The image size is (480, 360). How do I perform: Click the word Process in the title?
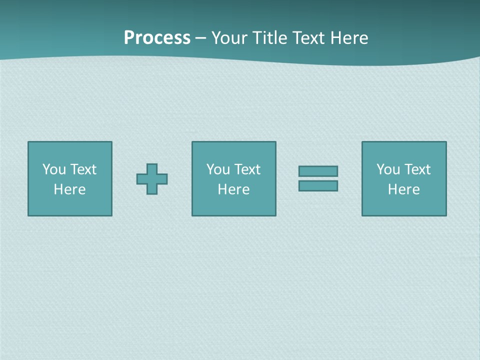pos(157,38)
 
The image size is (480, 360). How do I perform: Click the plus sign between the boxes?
pos(152,178)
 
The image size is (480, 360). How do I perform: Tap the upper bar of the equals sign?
pos(318,171)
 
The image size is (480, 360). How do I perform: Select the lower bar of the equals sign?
pos(318,186)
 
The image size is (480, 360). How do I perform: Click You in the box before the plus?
pos(54,169)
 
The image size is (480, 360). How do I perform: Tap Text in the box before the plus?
pos(83,169)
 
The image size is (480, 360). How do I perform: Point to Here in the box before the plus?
pos(70,189)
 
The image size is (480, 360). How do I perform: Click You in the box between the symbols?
pos(218,169)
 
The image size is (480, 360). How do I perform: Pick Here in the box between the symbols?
pos(234,189)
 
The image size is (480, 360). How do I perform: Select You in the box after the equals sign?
pos(388,169)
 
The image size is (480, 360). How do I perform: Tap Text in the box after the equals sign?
pos(417,169)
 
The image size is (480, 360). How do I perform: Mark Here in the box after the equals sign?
pos(404,189)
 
